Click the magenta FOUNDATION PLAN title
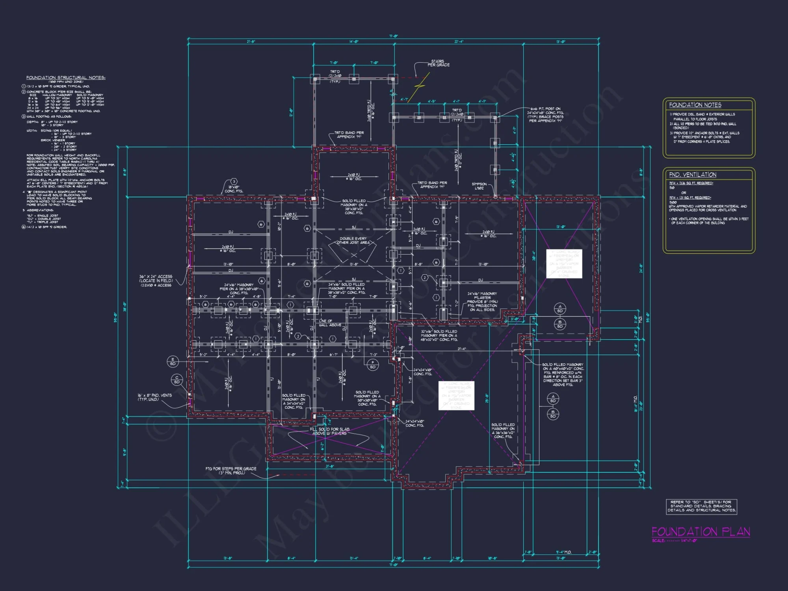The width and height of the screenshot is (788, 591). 701,532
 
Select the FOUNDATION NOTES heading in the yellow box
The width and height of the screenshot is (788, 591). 695,105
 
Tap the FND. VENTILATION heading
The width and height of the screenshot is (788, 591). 692,175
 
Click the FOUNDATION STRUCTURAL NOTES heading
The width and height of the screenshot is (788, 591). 66,78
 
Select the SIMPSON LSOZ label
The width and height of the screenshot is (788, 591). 479,186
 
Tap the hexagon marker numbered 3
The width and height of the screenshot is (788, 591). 234,181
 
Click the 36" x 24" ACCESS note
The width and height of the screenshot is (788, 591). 156,281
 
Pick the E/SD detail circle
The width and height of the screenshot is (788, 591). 173,361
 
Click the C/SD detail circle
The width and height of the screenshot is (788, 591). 177,379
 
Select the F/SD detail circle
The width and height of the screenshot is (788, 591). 372,364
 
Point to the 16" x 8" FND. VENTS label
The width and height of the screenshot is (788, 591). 154,397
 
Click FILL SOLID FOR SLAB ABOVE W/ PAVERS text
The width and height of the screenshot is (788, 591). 329,431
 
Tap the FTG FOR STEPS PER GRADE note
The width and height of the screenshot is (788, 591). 231,470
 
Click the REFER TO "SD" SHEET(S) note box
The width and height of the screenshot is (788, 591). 701,506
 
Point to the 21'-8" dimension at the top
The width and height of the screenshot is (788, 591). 251,41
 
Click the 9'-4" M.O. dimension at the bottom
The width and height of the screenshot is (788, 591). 563,552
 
